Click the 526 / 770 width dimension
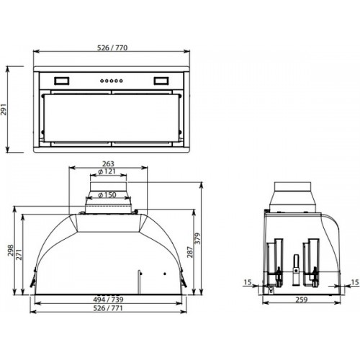(x=112, y=48)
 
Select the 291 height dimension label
(x=4, y=109)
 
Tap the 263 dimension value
(x=108, y=163)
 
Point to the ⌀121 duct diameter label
(x=107, y=171)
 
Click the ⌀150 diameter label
(x=107, y=194)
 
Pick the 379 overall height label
(x=197, y=238)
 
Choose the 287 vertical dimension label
(x=190, y=252)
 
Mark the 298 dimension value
(x=11, y=251)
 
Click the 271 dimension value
(x=19, y=255)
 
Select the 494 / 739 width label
(x=108, y=300)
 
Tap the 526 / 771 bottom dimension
(x=108, y=308)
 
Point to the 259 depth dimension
(x=302, y=300)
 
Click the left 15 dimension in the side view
(x=248, y=282)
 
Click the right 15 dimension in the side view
(x=355, y=282)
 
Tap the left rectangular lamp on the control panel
(x=62, y=81)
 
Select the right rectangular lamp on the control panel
(x=161, y=81)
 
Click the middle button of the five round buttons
(x=112, y=81)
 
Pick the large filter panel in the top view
(x=112, y=118)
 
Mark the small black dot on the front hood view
(x=165, y=274)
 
